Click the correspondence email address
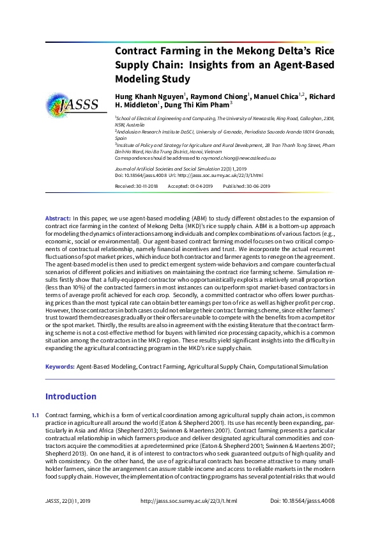click(x=236, y=157)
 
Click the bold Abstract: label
click(x=58, y=219)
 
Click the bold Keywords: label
click(x=60, y=367)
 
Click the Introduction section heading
click(x=70, y=396)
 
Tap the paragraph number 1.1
click(x=36, y=415)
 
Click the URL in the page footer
click(x=189, y=519)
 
